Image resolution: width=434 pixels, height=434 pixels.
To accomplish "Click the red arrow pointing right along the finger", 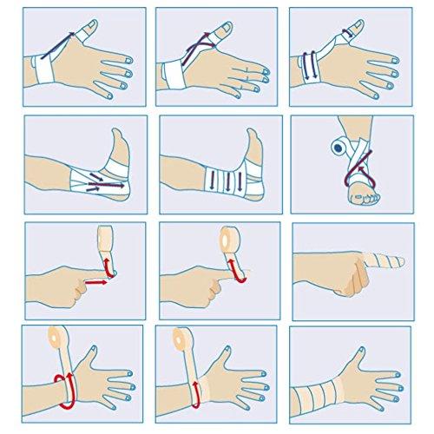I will pyautogui.click(x=97, y=282).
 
